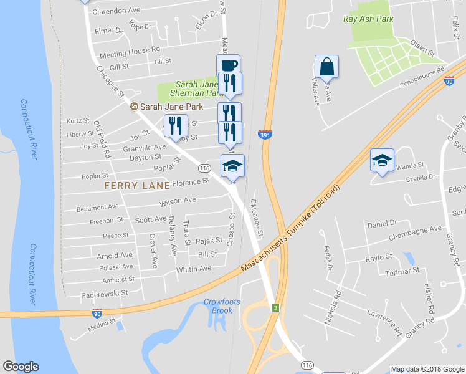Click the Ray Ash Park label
point(368,19)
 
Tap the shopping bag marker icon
point(326,65)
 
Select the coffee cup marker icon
point(228,65)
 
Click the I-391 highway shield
point(265,134)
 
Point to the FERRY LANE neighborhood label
point(137,186)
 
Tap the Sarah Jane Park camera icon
point(133,107)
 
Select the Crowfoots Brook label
point(218,306)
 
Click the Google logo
point(21,367)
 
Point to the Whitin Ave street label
point(194,269)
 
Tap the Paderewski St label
point(104,292)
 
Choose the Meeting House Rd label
point(130,49)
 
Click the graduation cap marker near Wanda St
point(382,160)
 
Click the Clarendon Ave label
point(117,11)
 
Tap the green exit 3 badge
point(274,308)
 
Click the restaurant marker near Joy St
point(175,126)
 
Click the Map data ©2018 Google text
point(427,369)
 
